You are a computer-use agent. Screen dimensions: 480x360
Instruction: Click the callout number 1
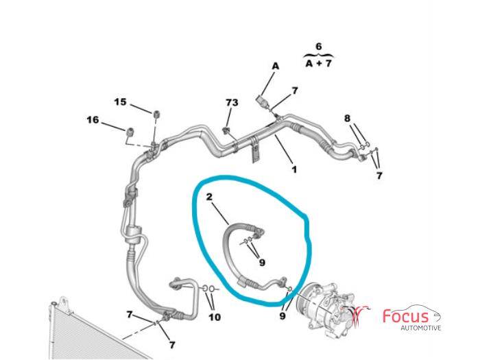click(294, 169)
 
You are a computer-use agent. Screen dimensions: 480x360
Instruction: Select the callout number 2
click(209, 197)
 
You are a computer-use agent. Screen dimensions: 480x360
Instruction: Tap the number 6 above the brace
click(319, 47)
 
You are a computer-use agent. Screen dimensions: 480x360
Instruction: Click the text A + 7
click(318, 63)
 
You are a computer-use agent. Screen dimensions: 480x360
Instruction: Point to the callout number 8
click(347, 118)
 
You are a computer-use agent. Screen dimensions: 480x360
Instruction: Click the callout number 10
click(215, 317)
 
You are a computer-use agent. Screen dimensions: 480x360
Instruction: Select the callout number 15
click(120, 102)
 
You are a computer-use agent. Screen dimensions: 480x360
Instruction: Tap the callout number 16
click(93, 120)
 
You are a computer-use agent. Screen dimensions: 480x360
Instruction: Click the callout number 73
click(232, 102)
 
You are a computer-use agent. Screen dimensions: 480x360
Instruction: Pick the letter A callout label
click(276, 66)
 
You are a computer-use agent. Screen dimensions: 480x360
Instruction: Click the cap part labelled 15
click(157, 115)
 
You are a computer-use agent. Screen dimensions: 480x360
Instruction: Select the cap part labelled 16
click(131, 132)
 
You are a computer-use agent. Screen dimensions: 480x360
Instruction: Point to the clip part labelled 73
click(227, 130)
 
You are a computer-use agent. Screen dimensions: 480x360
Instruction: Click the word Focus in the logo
click(406, 317)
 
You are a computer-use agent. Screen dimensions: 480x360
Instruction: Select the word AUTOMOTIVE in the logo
click(421, 328)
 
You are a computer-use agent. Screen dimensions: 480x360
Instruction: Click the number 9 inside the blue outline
click(262, 263)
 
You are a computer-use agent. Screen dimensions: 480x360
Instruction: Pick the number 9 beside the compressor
click(283, 315)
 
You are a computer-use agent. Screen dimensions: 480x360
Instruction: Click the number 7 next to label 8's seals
click(379, 176)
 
